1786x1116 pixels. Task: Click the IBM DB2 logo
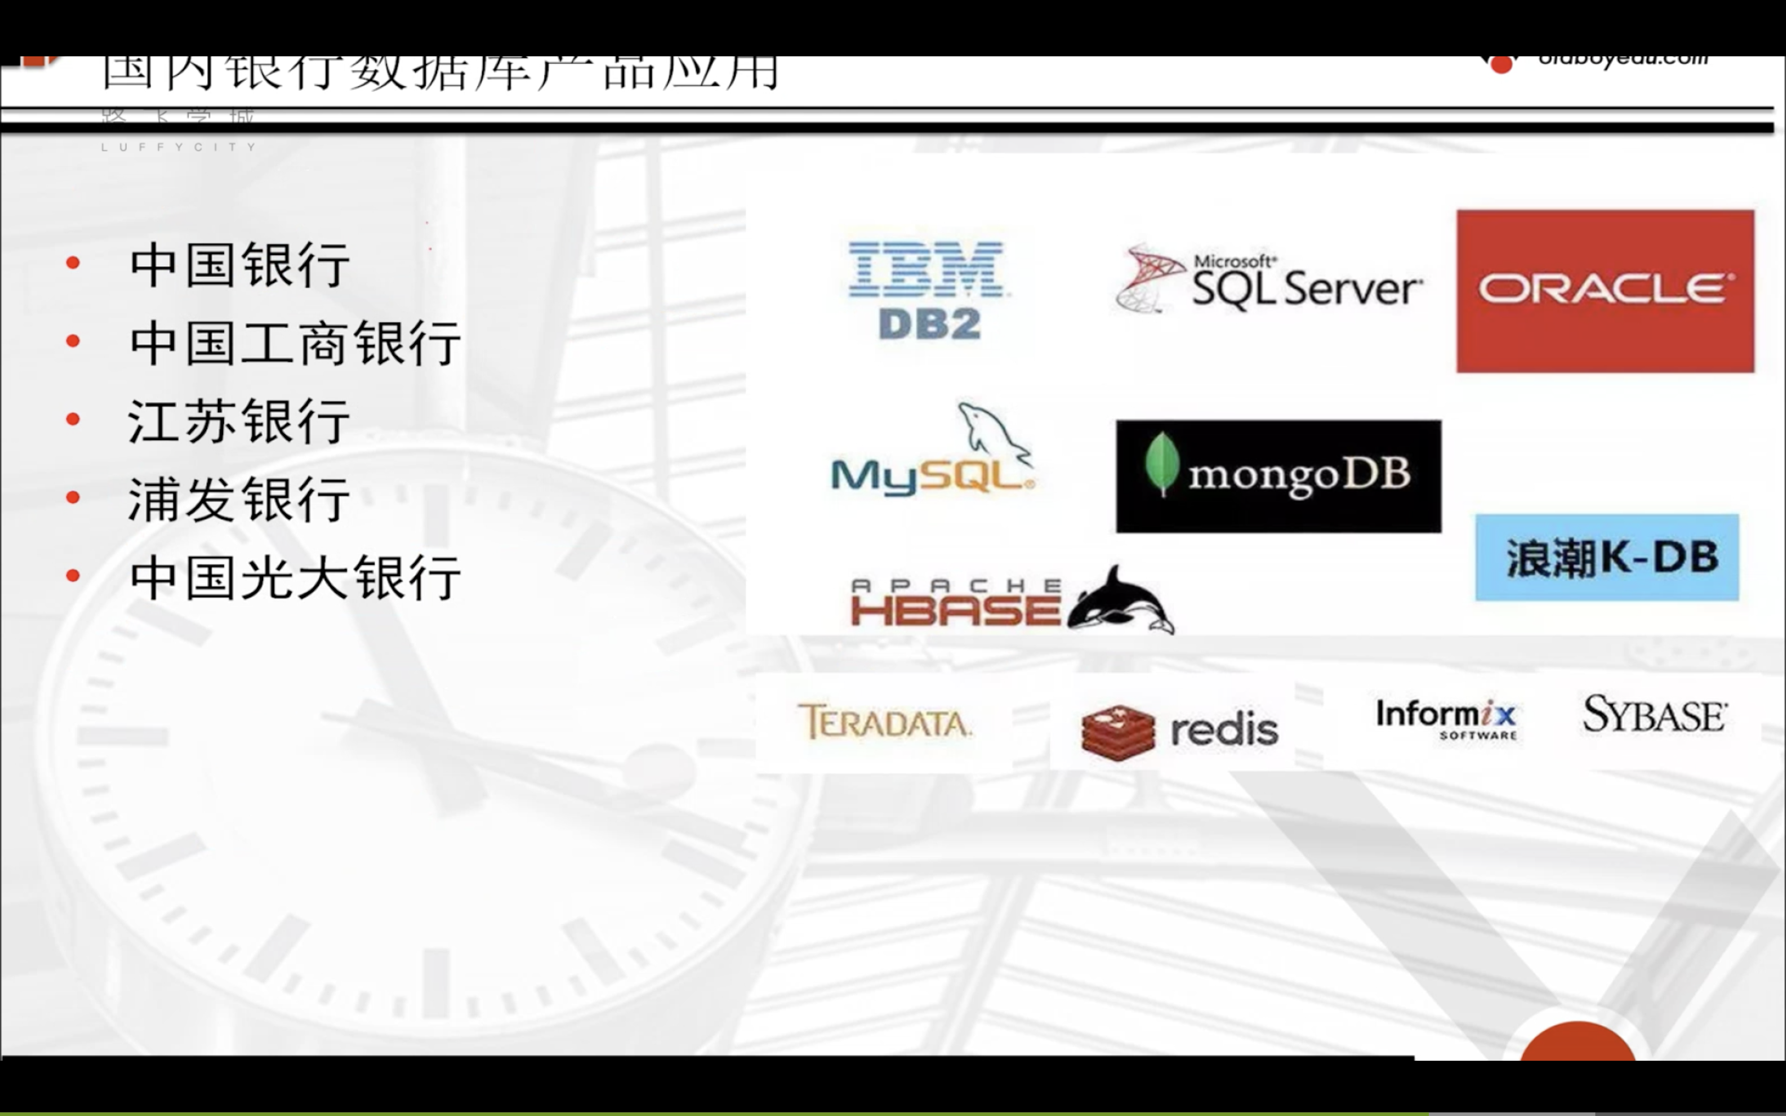[929, 290]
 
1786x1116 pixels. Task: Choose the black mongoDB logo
[1278, 476]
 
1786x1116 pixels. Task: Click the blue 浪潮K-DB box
[1607, 557]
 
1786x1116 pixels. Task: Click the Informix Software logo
[1446, 718]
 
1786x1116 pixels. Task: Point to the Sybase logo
[1653, 714]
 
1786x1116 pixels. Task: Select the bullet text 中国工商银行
[295, 343]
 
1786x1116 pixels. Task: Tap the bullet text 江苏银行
[239, 421]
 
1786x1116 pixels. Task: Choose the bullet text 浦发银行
[239, 500]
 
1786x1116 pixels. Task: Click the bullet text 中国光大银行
[295, 578]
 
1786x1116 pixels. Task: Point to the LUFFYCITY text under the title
[179, 147]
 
